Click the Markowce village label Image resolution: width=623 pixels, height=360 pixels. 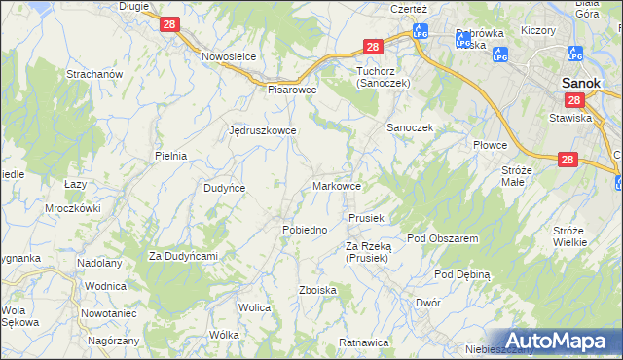[339, 185]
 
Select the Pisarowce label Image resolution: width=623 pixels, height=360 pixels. [293, 89]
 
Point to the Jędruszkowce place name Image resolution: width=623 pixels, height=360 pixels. [262, 129]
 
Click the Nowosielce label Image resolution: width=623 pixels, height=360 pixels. [229, 56]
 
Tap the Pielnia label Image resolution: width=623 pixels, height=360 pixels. [170, 156]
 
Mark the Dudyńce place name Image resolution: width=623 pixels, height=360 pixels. [224, 188]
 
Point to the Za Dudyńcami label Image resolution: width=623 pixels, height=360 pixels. [182, 256]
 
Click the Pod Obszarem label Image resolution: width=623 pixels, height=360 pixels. [442, 238]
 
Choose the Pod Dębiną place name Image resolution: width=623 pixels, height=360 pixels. [462, 275]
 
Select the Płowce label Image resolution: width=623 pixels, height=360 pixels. [491, 145]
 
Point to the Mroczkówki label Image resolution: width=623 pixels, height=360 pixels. [73, 208]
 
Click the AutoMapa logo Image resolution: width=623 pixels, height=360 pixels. [558, 341]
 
